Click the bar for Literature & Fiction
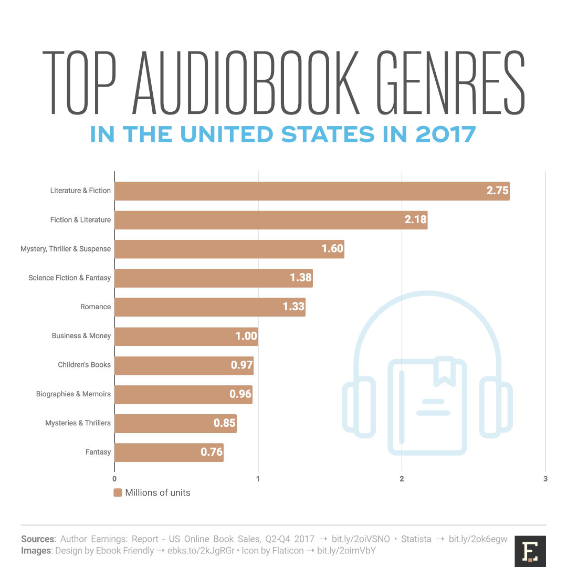click(x=312, y=191)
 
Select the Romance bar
click(x=209, y=307)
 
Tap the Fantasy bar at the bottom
click(x=169, y=452)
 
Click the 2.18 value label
click(x=415, y=220)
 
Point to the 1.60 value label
click(x=332, y=249)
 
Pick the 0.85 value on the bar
click(x=225, y=423)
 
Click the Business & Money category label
click(x=81, y=336)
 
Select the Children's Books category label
click(x=85, y=365)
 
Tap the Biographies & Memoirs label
click(x=73, y=394)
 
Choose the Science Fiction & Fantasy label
click(x=70, y=278)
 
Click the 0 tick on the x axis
click(x=114, y=479)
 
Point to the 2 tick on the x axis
click(x=402, y=479)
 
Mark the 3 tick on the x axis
click(x=545, y=479)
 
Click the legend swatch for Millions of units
click(x=118, y=493)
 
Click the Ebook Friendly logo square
click(x=530, y=551)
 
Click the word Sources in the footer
click(x=38, y=539)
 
